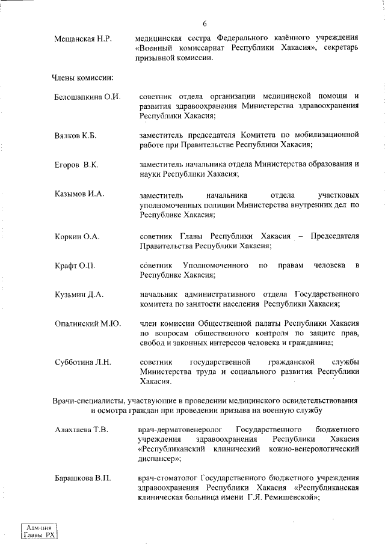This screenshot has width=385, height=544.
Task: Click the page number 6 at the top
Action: pyautogui.click(x=205, y=24)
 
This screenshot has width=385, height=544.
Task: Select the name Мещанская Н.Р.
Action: pyautogui.click(x=81, y=39)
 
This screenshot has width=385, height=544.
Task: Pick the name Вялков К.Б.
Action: pyautogui.click(x=76, y=135)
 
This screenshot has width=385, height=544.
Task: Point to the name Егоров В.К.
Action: pyautogui.click(x=76, y=164)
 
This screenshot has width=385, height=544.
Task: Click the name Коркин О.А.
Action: pyautogui.click(x=77, y=236)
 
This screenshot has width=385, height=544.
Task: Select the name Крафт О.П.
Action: pyautogui.click(x=75, y=265)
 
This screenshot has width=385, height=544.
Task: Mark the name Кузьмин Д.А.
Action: pyautogui.click(x=79, y=295)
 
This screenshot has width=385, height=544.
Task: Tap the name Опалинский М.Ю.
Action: pyautogui.click(x=88, y=323)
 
